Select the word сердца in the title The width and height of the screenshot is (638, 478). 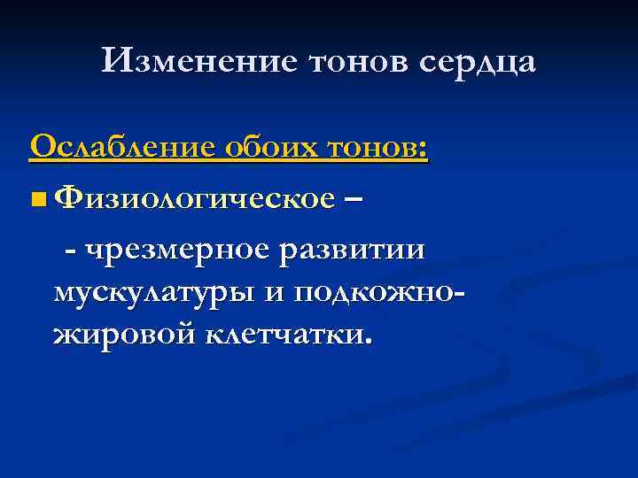point(475,63)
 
